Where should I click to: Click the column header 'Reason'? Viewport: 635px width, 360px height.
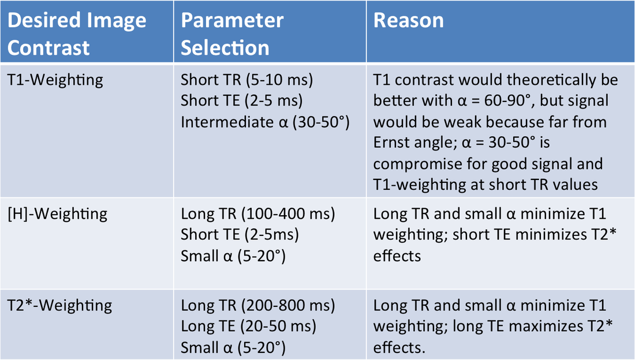[408, 20]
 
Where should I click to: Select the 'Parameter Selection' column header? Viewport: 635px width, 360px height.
[232, 33]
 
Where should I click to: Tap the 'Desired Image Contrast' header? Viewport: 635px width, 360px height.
[77, 33]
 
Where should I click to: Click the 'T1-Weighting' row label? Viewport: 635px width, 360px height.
[55, 80]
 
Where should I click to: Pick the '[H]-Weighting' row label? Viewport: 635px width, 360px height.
[58, 214]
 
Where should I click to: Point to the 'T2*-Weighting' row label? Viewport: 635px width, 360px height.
[59, 305]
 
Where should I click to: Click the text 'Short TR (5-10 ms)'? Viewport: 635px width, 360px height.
[246, 80]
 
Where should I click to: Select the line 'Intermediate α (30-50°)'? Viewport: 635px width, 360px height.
[265, 122]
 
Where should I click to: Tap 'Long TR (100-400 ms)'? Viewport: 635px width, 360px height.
[258, 214]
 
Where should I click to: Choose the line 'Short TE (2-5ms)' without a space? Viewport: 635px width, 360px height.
[240, 234]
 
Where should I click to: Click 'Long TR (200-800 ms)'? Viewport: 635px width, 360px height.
[258, 305]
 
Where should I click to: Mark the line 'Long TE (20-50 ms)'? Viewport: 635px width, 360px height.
[248, 327]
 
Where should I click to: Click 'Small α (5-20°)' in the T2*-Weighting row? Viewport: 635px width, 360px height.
[233, 347]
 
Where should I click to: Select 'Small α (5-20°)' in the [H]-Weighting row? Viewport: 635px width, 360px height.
[233, 256]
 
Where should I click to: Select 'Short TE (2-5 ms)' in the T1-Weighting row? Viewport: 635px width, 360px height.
[242, 101]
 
